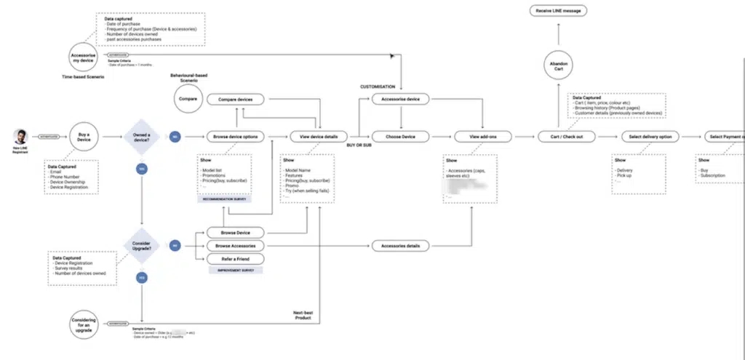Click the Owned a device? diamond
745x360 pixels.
142,136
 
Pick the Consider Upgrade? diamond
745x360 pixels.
142,246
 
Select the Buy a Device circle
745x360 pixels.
84,136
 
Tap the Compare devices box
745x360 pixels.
235,99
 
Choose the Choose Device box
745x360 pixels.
399,136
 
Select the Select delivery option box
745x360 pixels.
650,136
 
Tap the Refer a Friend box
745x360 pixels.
235,258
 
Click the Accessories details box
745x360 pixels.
399,246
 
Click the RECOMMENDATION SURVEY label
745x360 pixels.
225,197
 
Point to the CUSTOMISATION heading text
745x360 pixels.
377,86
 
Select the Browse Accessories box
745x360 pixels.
235,246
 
